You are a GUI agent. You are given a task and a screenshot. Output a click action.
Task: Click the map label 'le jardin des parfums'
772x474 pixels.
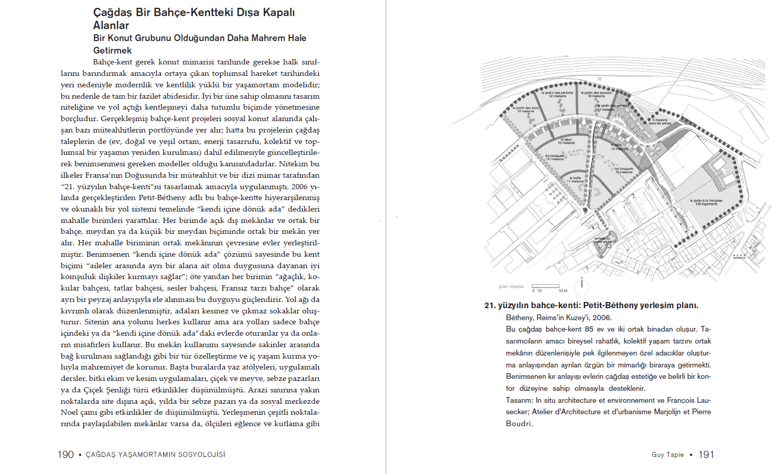click(x=557, y=94)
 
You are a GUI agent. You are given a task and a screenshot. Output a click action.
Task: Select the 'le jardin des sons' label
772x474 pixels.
click(x=525, y=109)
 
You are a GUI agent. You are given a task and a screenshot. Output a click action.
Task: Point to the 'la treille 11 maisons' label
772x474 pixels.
click(x=575, y=179)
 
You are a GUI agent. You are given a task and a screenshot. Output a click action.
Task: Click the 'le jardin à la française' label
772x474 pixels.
click(x=706, y=202)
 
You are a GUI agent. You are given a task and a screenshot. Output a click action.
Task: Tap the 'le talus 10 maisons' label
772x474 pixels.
click(x=566, y=141)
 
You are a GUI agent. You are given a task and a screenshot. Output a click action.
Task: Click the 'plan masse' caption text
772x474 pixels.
click(x=511, y=286)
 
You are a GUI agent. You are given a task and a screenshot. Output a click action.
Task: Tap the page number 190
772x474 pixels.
click(x=65, y=455)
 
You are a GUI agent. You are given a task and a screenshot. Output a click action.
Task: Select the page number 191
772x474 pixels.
click(x=706, y=455)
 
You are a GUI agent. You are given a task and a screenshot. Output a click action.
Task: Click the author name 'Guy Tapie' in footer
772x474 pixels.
click(x=668, y=455)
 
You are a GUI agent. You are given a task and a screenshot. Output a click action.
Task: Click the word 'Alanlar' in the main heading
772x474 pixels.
click(x=111, y=25)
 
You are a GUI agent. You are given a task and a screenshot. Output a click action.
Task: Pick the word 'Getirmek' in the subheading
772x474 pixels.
click(x=112, y=50)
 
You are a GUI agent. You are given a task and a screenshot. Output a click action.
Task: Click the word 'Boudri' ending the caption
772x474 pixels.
click(x=518, y=424)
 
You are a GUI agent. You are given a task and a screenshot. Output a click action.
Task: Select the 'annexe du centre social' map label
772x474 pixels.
click(x=603, y=240)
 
